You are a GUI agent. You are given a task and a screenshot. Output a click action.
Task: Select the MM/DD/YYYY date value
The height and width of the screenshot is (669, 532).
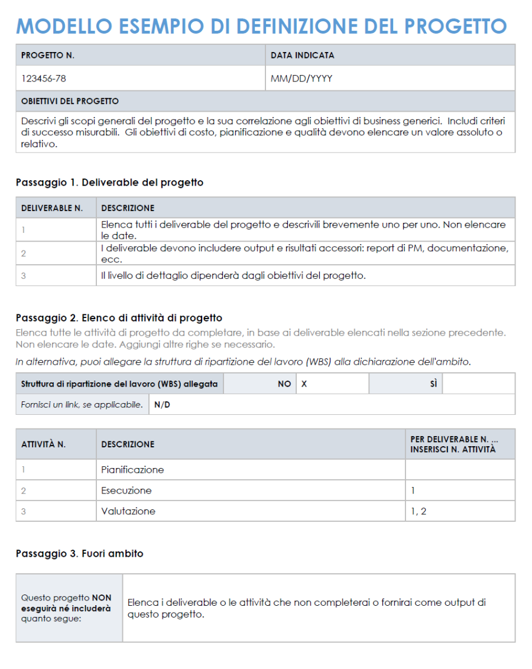click(x=301, y=78)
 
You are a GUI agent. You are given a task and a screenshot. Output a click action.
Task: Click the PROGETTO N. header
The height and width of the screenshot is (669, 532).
click(x=48, y=56)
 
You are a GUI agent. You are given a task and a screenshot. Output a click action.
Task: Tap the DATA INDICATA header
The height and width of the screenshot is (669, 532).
click(x=302, y=56)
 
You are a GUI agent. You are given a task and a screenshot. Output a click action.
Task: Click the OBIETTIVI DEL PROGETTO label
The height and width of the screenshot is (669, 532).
click(x=70, y=101)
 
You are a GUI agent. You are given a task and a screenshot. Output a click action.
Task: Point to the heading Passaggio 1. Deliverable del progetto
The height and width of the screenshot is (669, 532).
click(x=109, y=183)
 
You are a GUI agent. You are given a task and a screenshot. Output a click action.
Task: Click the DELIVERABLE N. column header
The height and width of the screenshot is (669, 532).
click(x=52, y=208)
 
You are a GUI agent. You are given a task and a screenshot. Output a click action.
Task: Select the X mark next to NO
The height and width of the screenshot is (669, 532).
click(x=304, y=384)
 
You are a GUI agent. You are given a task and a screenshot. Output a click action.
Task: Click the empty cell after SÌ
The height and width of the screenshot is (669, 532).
click(x=478, y=384)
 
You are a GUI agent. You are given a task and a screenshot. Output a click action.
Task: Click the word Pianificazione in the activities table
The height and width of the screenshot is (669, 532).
click(x=132, y=470)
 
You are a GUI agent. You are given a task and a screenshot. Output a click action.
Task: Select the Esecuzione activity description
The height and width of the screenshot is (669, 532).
click(x=126, y=491)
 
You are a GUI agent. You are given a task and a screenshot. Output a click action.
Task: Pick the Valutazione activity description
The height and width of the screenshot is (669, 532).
click(x=128, y=511)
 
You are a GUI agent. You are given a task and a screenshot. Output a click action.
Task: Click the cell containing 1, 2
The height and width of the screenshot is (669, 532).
click(x=419, y=511)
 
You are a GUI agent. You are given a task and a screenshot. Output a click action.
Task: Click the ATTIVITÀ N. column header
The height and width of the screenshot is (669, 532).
click(x=43, y=444)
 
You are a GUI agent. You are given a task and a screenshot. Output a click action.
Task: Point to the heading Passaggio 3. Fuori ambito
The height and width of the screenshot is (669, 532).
click(x=79, y=554)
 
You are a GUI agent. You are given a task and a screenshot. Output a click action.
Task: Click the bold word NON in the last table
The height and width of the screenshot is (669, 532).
click(x=101, y=598)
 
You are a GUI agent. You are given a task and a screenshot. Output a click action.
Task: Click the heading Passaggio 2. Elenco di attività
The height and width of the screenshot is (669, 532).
click(x=119, y=318)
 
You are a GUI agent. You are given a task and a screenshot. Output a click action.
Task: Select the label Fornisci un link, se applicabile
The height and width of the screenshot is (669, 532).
click(x=82, y=405)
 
